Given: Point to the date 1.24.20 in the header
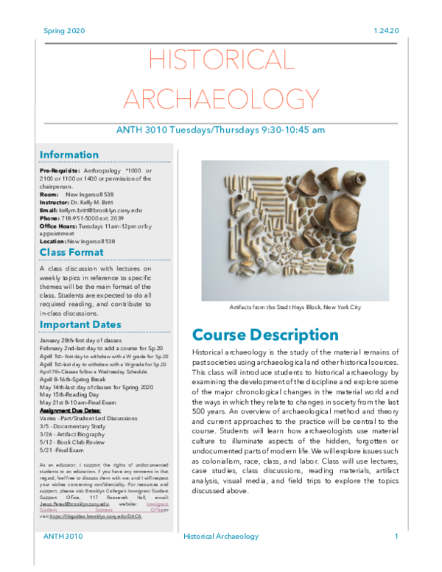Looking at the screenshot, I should [385, 31].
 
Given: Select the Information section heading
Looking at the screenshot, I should [69, 155].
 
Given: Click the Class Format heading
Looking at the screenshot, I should [73, 253].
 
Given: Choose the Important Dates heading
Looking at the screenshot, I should [80, 324].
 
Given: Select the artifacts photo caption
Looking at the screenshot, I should [295, 307].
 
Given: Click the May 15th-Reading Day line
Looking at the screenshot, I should [74, 394].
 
